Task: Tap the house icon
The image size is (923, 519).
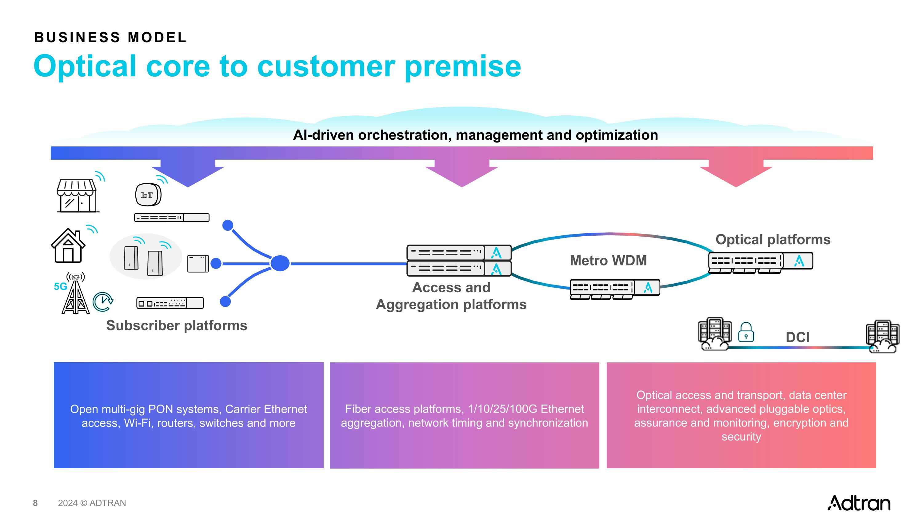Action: point(68,246)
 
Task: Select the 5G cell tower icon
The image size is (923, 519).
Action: point(76,296)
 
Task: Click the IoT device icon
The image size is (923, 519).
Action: point(148,195)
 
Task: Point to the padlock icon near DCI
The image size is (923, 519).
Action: point(746,332)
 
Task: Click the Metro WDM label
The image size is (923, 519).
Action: point(608,260)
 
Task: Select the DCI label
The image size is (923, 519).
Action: point(797,337)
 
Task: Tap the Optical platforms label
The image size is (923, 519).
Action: point(773,239)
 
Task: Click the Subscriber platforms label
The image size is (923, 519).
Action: point(177,325)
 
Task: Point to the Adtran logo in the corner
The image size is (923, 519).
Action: point(859,503)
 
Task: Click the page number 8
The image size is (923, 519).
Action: point(35,503)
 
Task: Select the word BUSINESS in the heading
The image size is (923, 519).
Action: point(77,38)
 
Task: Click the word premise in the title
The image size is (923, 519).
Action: point(463,67)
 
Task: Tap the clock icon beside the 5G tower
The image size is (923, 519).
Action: point(103,301)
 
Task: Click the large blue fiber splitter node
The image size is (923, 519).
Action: point(280,263)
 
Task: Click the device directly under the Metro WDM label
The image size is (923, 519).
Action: point(615,289)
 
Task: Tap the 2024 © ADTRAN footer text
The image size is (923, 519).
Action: point(92,503)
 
